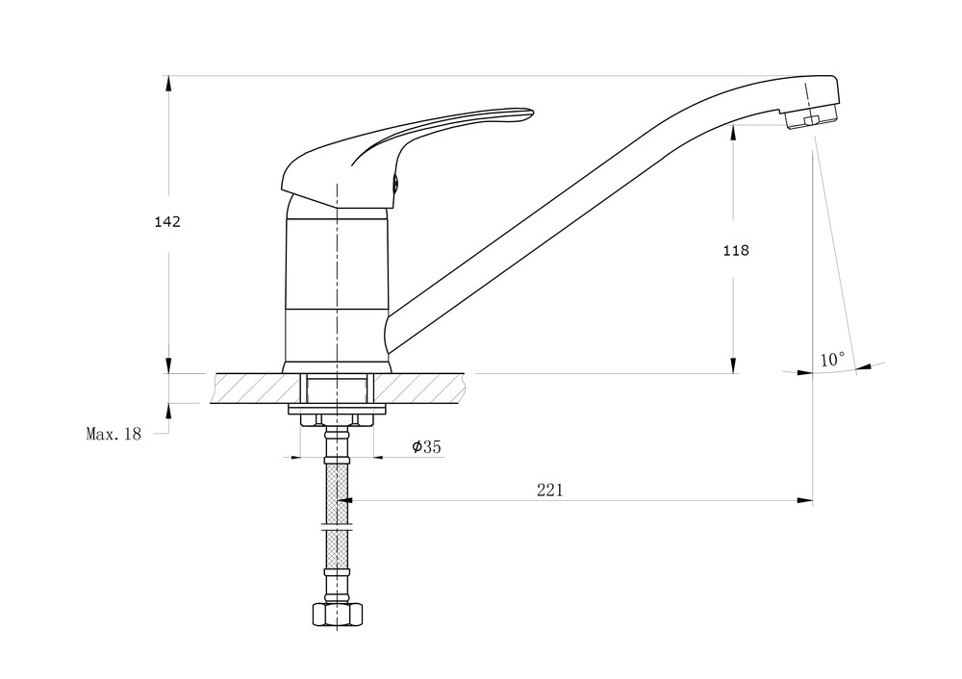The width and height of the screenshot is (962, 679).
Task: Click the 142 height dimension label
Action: pos(167,221)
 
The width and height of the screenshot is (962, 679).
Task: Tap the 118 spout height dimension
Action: pos(736,250)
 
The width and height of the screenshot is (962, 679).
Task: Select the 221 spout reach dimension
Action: pos(549,490)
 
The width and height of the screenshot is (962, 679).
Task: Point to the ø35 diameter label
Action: pos(426,446)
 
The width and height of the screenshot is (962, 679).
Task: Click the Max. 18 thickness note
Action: pos(114,435)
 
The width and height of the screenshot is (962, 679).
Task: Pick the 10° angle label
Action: pos(832,360)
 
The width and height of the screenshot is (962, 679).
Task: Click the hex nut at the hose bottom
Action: pos(338,615)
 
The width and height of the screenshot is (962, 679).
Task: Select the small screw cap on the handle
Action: pos(396,182)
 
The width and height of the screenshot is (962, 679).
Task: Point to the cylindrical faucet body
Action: pos(338,289)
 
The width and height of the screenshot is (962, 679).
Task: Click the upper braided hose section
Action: pos(338,493)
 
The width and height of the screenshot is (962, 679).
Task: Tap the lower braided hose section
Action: pos(338,549)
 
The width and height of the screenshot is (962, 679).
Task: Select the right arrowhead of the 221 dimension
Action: pos(805,500)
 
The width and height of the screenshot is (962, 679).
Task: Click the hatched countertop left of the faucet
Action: pos(257,389)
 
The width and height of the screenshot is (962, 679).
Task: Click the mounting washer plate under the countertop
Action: pos(338,409)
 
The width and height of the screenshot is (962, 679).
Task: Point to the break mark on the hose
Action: pos(338,526)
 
